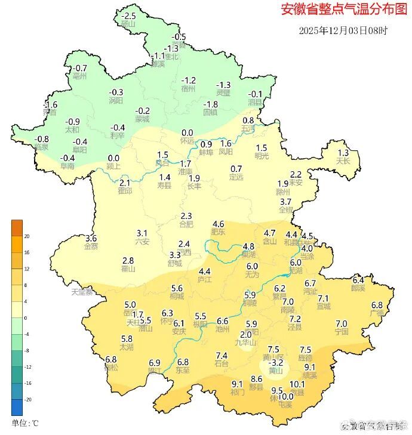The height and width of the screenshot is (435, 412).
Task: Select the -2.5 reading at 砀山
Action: pos(128,16)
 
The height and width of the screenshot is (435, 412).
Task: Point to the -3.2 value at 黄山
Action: pos(276,362)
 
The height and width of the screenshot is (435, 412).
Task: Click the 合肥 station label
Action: pos(186,224)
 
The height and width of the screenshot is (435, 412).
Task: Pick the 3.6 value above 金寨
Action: pos(91,238)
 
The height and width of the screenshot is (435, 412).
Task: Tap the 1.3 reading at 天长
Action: pos(343,153)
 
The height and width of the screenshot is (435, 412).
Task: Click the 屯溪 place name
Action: pos(286,405)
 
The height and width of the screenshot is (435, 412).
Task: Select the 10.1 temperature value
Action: pos(297,385)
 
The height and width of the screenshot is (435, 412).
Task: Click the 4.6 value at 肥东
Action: pos(218,224)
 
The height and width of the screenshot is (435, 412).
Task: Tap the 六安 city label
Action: pos(142,241)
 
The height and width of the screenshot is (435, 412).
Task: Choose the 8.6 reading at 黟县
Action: pos(257,379)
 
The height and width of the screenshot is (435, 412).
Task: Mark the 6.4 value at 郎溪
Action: pos(358,280)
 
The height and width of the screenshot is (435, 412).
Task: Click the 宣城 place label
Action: pos(323,306)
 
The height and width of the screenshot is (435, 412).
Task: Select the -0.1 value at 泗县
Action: pos(255,94)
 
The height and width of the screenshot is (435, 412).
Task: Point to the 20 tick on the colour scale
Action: pos(27,236)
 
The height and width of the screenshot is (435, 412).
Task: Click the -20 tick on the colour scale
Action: pos(27,399)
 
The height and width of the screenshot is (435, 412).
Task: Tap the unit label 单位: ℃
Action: pos(25,423)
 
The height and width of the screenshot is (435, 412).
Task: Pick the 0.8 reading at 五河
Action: pos(248,121)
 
